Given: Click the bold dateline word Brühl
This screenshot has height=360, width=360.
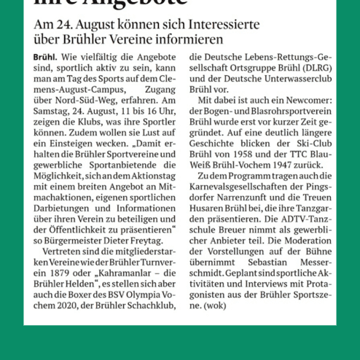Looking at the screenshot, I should (x=46, y=56).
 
